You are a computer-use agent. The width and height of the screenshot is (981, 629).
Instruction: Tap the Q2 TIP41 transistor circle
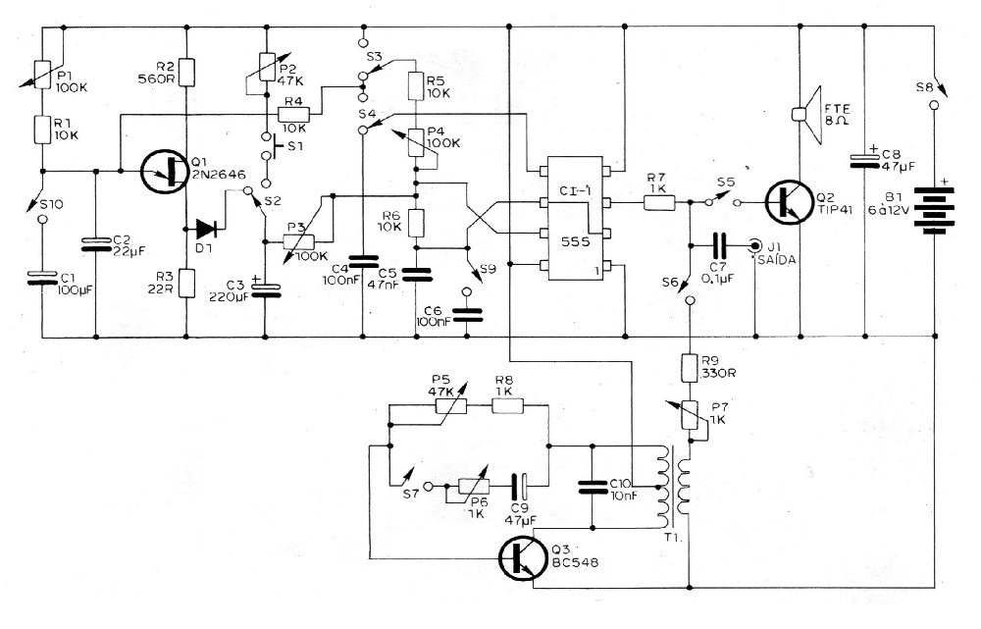[x=790, y=202]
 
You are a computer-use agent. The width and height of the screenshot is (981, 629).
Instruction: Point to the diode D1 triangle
[x=206, y=229]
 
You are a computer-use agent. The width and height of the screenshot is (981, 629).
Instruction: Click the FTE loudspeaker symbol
[x=807, y=115]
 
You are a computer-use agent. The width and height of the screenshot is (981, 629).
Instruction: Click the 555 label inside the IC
[x=575, y=241]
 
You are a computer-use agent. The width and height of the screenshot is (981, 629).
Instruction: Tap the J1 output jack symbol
[x=755, y=244]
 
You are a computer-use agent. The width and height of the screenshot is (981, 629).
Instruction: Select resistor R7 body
[x=659, y=202]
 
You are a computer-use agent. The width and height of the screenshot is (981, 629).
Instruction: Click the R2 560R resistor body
[x=187, y=72]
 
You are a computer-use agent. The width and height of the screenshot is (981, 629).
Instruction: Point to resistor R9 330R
[x=690, y=368]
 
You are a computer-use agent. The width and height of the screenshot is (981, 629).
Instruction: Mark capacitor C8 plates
[x=864, y=160]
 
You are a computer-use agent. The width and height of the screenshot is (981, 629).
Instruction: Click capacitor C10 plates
[x=592, y=487]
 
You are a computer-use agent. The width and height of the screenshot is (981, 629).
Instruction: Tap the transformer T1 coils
[x=672, y=487]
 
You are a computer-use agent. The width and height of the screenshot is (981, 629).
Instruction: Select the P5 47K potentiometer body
[x=451, y=406]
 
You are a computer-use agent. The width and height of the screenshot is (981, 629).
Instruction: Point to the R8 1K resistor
[x=507, y=406]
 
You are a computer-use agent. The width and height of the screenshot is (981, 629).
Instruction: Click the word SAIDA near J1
[x=776, y=260]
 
